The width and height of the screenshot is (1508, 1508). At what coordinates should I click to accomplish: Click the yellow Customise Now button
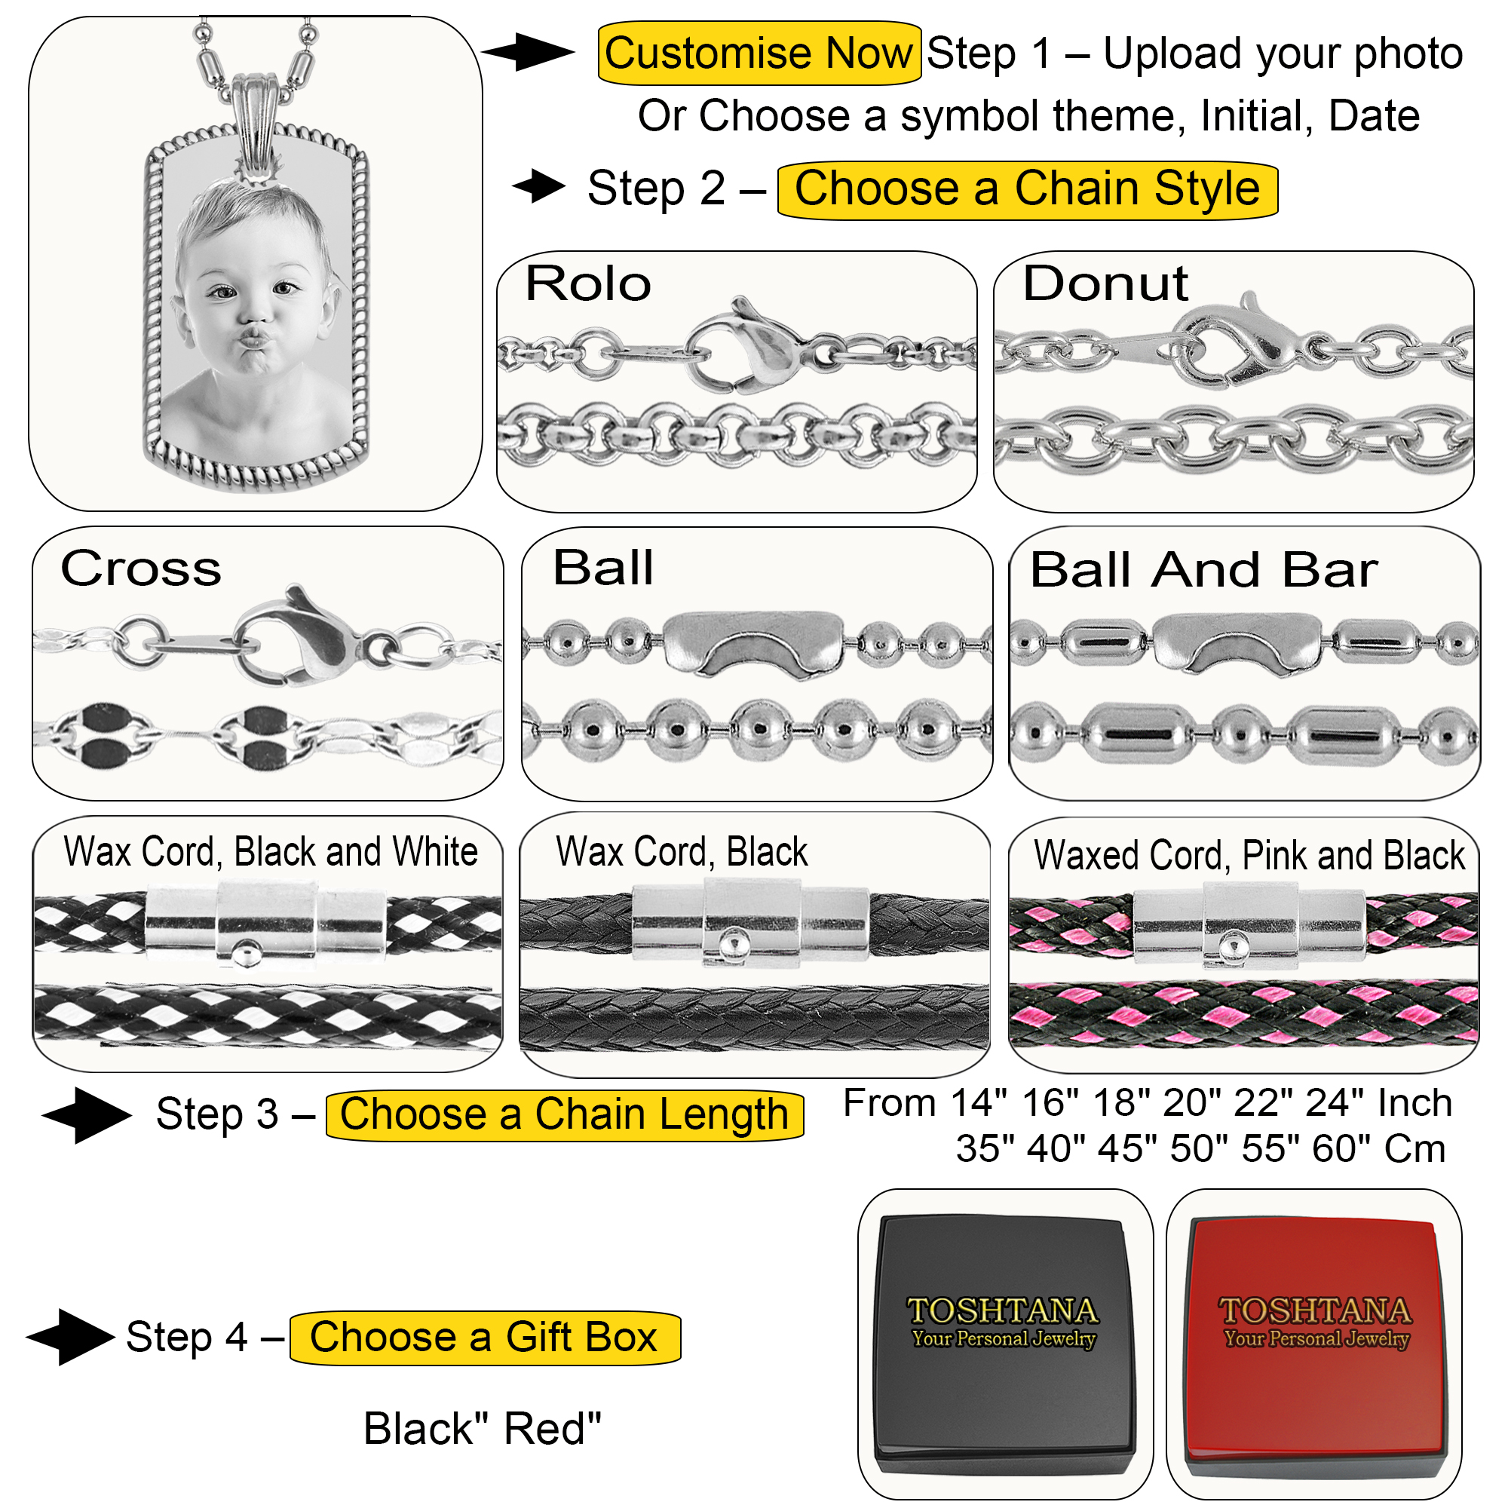coord(758,53)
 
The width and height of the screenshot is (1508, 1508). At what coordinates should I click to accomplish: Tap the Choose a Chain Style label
coord(1027,190)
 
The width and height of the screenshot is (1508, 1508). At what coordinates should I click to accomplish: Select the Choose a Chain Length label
coord(563,1114)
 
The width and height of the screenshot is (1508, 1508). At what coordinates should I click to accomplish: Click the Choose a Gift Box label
coord(484,1337)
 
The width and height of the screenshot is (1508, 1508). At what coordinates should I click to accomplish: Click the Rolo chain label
coord(589,284)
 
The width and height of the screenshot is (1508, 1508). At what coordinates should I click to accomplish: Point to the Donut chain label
coord(1105,284)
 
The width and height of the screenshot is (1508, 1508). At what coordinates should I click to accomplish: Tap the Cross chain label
coord(141,569)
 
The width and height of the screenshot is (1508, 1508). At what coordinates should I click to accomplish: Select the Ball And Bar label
coord(1203,570)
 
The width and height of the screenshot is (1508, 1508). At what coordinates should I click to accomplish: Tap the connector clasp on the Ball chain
coord(754,643)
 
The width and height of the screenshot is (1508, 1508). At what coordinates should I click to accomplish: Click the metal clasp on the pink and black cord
coord(1249,924)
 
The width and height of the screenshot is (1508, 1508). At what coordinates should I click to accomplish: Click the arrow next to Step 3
coord(87,1115)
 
